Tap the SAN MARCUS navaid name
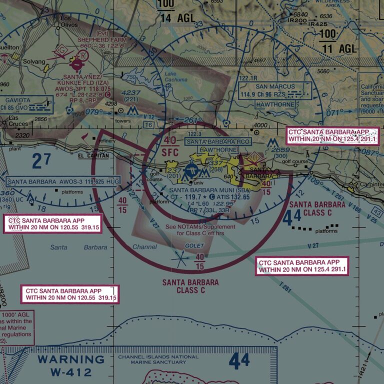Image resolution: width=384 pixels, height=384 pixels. point(273,86)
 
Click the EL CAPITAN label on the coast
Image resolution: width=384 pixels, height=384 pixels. point(93,156)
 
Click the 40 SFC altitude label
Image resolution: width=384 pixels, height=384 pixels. point(170,145)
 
